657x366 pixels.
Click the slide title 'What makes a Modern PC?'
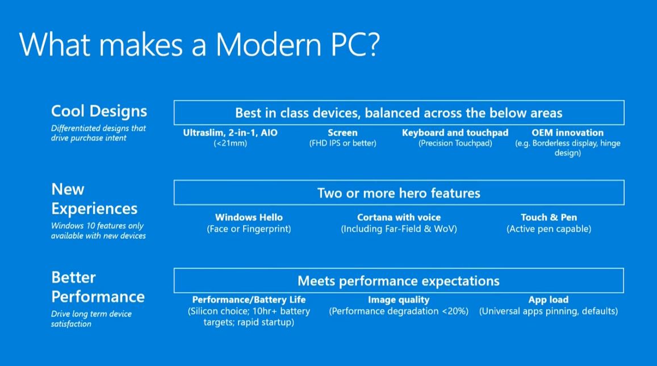click(199, 44)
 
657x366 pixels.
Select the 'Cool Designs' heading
click(99, 111)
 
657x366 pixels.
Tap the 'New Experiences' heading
click(94, 199)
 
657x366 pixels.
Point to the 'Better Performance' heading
click(98, 287)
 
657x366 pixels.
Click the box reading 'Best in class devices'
click(399, 113)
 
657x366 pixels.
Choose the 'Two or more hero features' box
click(399, 192)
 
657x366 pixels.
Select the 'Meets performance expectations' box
click(399, 280)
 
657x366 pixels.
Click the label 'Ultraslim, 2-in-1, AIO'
click(230, 133)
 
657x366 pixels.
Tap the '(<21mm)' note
click(230, 143)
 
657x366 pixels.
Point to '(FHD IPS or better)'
click(343, 143)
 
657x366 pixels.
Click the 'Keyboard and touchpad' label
click(455, 133)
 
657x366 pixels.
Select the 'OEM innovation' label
click(567, 133)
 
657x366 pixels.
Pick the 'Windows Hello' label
click(249, 217)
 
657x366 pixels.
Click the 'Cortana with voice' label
click(399, 217)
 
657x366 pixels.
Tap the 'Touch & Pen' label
click(549, 217)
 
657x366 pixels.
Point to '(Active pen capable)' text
click(549, 229)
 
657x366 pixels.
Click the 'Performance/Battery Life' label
click(249, 300)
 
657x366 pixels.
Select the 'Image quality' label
click(399, 300)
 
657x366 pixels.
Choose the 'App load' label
click(549, 300)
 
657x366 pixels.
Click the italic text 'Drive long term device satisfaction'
click(91, 319)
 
